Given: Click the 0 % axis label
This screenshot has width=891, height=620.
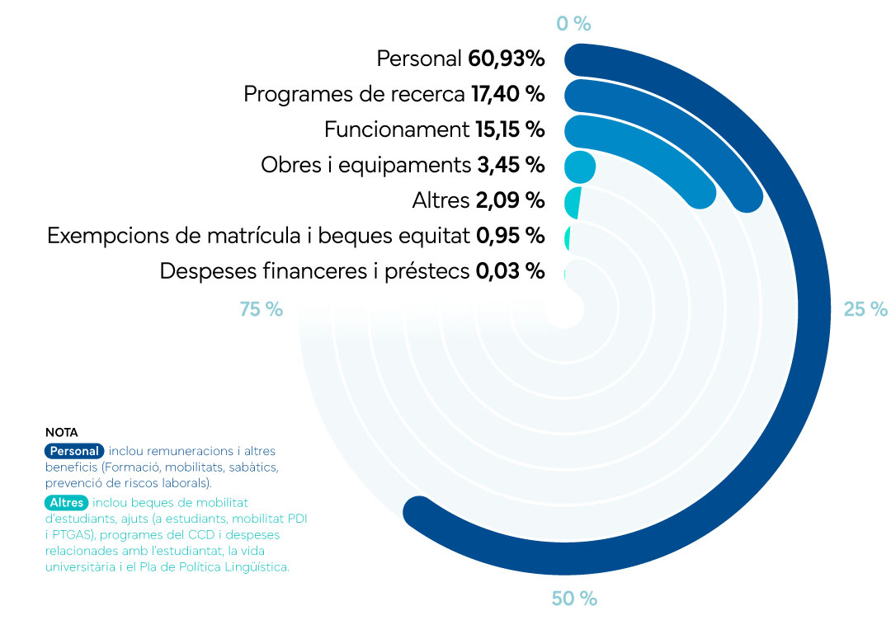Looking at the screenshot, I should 573,23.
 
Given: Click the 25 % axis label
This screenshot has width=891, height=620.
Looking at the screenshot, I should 865,309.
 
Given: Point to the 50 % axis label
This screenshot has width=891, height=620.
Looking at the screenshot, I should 573,599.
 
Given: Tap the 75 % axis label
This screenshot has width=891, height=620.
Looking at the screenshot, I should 262,309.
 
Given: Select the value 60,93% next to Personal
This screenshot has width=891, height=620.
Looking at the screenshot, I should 506,59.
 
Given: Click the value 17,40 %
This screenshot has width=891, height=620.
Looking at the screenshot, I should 507,94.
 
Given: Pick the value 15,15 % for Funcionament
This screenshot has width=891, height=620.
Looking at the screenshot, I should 510,129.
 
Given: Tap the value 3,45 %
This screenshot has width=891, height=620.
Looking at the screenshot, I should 511,165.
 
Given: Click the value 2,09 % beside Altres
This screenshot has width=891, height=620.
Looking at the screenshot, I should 510,200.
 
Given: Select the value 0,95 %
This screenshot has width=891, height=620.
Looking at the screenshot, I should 510,236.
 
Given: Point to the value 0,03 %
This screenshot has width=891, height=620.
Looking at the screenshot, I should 510,271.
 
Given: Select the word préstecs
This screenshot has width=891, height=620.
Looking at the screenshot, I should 427,271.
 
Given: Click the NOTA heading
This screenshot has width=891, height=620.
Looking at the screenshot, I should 61,432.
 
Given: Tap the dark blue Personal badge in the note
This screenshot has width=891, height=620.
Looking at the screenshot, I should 74,451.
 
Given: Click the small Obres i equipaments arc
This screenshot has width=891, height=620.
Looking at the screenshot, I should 579,166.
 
